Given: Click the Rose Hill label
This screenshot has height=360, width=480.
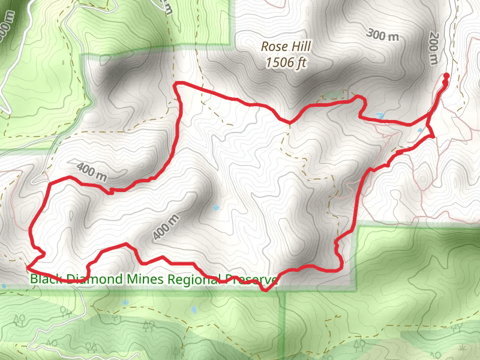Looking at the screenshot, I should click(283, 46).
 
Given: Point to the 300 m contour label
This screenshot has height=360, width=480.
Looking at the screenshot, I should click(382, 35).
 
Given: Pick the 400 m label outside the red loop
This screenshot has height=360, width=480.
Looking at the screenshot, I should click(91, 171).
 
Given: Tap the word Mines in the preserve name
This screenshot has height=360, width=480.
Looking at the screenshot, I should click(145, 278).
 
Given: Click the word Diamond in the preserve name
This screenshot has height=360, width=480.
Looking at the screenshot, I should click(92, 278).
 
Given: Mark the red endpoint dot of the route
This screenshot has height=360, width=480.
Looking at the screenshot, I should click(446, 76).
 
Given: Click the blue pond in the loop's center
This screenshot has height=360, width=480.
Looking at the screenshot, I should click(216, 208).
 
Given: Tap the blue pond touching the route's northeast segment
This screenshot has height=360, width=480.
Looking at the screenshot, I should click(380, 115).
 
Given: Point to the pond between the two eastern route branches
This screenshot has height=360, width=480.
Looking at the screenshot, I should click(420, 130).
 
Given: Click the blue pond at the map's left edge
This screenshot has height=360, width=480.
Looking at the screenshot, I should click(4, 286).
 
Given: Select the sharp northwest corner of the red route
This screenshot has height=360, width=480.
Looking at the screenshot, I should click(175, 85).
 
